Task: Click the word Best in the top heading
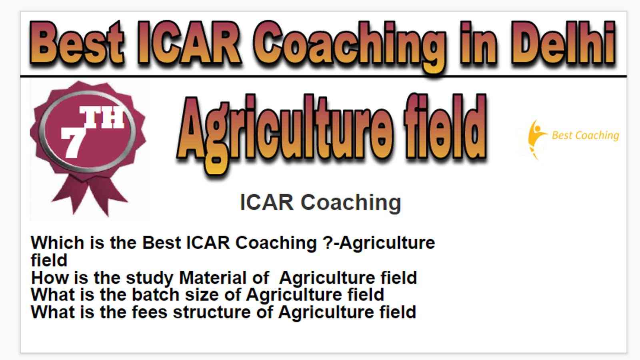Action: [x=77, y=43]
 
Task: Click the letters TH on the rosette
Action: [x=102, y=118]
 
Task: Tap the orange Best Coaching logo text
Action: [x=585, y=136]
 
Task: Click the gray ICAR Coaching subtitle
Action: [x=320, y=202]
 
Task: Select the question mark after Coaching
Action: [x=327, y=243]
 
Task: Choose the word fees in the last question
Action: [x=150, y=312]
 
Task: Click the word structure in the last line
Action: [x=212, y=312]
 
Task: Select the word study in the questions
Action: [x=150, y=278]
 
